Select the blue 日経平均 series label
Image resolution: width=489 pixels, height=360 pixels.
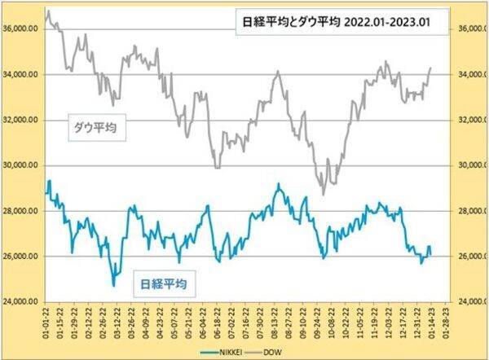click(161, 284)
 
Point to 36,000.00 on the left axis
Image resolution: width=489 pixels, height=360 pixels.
click(22, 29)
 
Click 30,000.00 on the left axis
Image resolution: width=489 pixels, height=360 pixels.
click(22, 165)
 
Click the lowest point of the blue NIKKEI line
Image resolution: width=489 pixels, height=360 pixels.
click(113, 286)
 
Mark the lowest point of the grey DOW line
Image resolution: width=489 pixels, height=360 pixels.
click(324, 195)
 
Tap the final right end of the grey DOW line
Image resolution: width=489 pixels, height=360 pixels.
click(431, 68)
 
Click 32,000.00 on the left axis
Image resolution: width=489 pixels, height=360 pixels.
click(22, 120)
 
